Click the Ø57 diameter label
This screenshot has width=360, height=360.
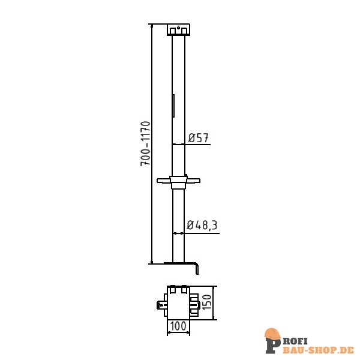(x=198, y=138)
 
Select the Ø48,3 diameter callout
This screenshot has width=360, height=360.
(x=202, y=226)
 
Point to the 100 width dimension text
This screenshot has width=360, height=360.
(x=178, y=326)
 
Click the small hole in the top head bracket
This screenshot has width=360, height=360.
(x=178, y=27)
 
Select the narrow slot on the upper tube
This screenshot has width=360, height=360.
(x=173, y=106)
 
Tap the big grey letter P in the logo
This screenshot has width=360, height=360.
(x=272, y=345)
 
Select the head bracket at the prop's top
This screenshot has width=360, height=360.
(x=178, y=29)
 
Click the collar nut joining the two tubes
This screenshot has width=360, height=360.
(x=178, y=181)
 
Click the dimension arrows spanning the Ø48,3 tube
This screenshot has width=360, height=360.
(x=178, y=233)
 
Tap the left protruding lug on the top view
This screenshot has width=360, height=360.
(x=161, y=304)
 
